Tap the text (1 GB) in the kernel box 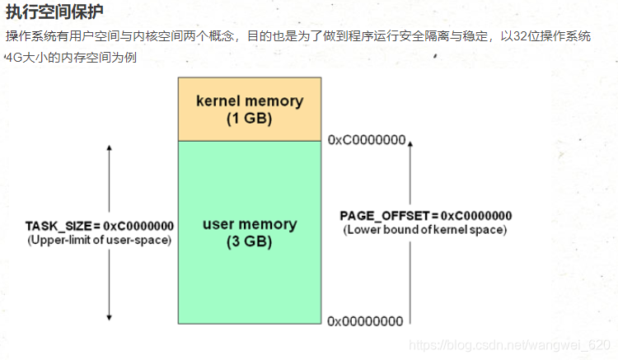(250, 118)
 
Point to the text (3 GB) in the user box (250, 242)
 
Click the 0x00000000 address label (366, 320)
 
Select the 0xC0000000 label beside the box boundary (366, 140)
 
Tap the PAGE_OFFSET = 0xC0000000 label (425, 216)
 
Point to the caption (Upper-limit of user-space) (99, 240)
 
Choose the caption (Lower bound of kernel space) (425, 230)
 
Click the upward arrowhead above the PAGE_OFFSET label (410, 145)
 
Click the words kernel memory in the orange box (250, 101)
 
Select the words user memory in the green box (250, 224)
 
